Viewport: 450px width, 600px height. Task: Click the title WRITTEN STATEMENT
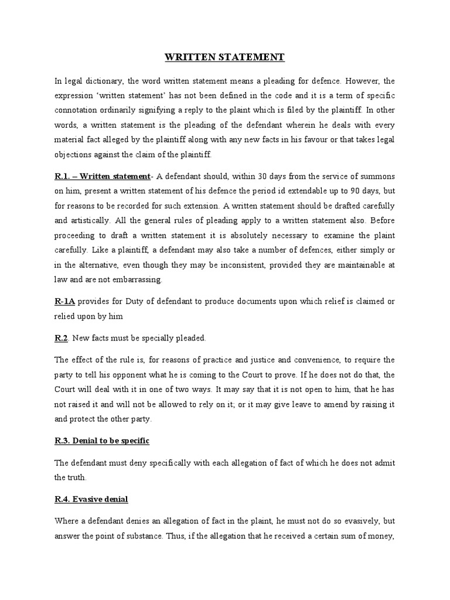224,57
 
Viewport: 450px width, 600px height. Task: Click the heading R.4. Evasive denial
90,499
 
